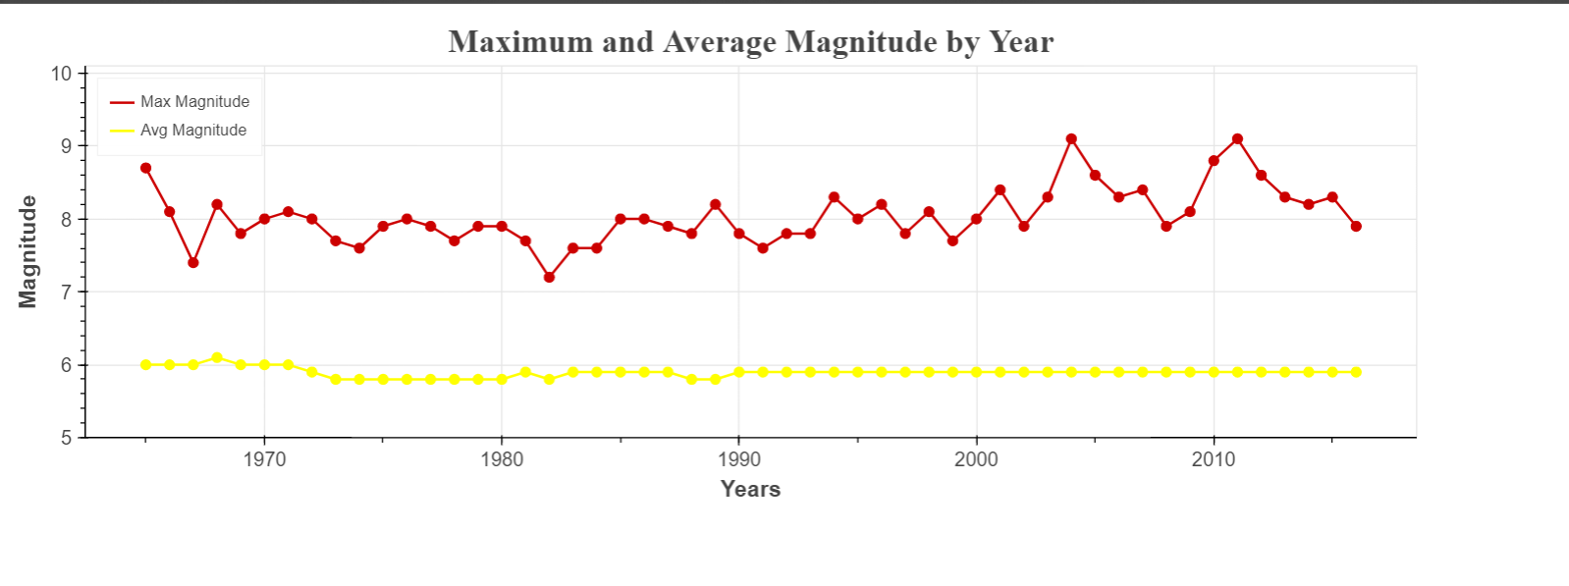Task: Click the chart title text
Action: [750, 42]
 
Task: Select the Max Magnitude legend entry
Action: [194, 102]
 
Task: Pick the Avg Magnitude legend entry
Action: [192, 131]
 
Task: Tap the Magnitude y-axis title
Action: [27, 251]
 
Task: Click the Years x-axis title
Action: [750, 489]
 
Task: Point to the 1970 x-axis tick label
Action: [264, 459]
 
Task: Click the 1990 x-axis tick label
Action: [738, 459]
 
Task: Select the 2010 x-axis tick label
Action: [1214, 459]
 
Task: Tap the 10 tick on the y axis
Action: [61, 74]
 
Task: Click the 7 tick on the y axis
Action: [66, 293]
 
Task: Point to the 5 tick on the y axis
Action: [66, 438]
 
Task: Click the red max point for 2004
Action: [1071, 139]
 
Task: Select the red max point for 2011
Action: [1237, 139]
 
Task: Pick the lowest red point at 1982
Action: [549, 278]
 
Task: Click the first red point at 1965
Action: [145, 168]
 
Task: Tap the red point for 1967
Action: [193, 263]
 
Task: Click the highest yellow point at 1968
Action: [217, 357]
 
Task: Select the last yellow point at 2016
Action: [1356, 372]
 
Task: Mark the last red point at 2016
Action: [1356, 227]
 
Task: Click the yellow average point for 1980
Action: [502, 379]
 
